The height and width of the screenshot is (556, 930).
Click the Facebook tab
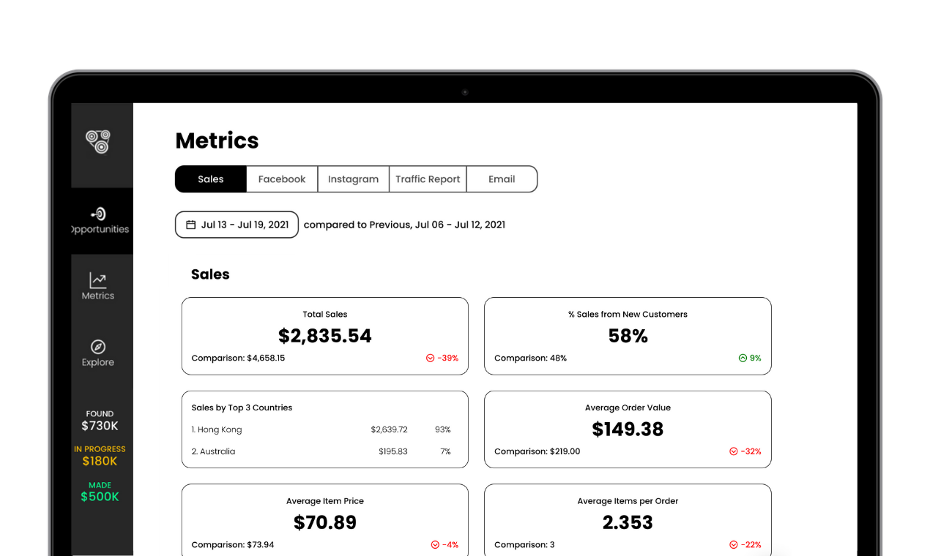282,179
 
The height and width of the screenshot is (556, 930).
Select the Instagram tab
353,179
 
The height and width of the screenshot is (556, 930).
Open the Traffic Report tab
428,179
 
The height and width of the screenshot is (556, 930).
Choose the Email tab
502,179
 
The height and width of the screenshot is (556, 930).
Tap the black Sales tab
211,179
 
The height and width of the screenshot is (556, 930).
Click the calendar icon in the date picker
191,225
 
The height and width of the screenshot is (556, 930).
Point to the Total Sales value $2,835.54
325,336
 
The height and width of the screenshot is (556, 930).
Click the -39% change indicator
442,358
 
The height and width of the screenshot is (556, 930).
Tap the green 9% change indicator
750,358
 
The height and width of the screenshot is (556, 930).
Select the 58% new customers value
628,336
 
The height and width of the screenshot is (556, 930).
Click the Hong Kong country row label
217,429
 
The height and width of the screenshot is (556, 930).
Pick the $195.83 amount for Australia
393,451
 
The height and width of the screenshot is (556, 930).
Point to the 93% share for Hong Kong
442,429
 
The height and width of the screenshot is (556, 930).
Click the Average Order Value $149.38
628,429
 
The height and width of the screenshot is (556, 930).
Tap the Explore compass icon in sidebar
98,347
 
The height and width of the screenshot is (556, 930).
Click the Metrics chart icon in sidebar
98,280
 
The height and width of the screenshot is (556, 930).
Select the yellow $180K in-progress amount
100,461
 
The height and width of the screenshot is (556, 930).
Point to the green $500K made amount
100,497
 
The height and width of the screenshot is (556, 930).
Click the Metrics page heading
217,140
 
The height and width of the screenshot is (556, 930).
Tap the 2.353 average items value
628,522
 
